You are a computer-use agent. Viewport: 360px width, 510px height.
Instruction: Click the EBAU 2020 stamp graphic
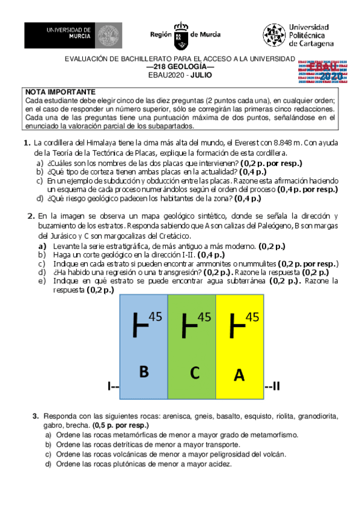[x=321, y=71]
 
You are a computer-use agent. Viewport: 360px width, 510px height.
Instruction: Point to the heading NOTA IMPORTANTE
[x=56, y=91]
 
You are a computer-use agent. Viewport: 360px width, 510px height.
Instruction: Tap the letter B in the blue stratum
[x=144, y=372]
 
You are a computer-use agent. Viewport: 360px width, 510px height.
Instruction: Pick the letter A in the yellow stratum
[x=239, y=375]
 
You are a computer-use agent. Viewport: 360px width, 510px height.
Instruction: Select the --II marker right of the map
[x=272, y=386]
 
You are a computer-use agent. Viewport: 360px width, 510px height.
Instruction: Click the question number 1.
[x=27, y=143]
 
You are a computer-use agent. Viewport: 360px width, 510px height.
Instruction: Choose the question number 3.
[x=36, y=416]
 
